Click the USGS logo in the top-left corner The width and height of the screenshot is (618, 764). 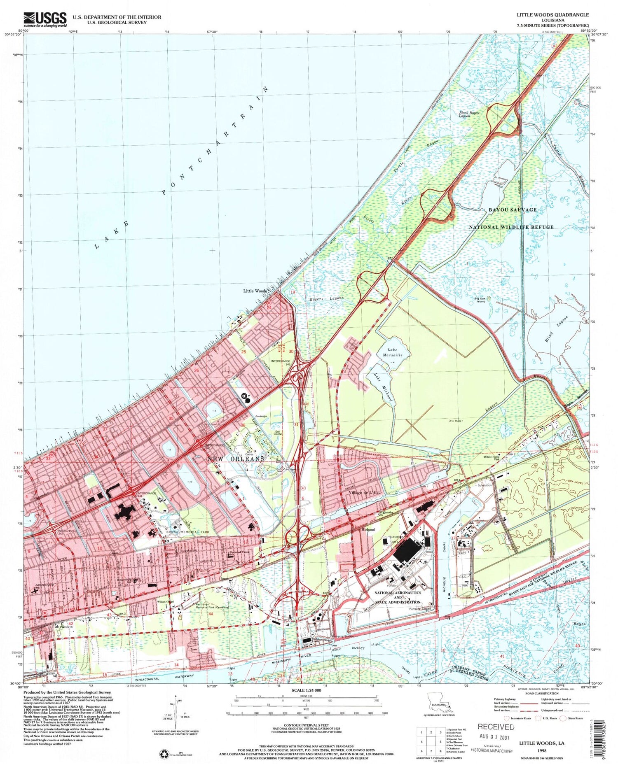(x=45, y=19)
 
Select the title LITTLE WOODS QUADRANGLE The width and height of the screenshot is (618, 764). (x=553, y=15)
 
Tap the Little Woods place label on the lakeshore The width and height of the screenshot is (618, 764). (x=255, y=291)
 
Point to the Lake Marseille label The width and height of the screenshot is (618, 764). (x=389, y=352)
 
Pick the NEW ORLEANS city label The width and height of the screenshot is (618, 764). (x=236, y=459)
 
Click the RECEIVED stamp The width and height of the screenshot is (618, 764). (x=496, y=727)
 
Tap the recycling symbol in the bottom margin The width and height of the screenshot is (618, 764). (x=164, y=753)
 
